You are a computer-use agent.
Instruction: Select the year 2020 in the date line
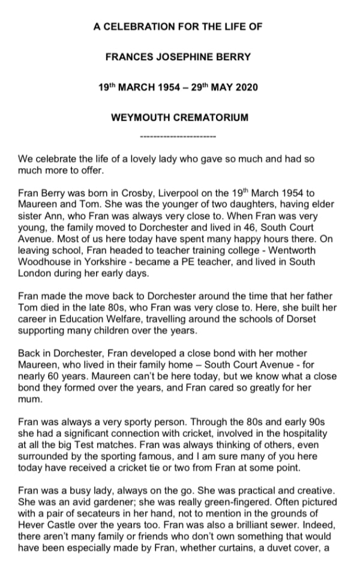click(245, 88)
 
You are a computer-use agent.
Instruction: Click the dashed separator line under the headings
click(178, 137)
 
